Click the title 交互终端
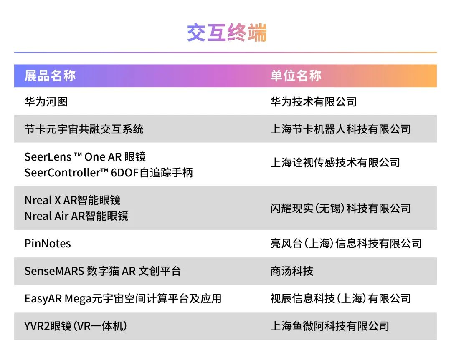[x=227, y=33]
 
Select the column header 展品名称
[x=50, y=76]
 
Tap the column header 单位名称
[x=296, y=76]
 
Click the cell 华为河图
[x=46, y=102]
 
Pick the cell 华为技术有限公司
[x=314, y=102]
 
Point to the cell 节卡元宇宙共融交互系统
[x=84, y=129]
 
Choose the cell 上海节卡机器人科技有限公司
[x=341, y=129]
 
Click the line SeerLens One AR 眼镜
[x=85, y=157]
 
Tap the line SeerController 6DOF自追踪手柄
[x=109, y=173]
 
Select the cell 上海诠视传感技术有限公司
[x=335, y=163]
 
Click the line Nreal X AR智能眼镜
[x=73, y=200]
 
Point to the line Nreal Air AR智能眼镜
[x=76, y=216]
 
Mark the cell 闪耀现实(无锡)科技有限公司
[x=341, y=209]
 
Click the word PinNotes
[x=48, y=244]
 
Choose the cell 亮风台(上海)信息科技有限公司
[x=346, y=244]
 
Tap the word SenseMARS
[x=54, y=271]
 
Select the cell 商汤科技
[x=292, y=271]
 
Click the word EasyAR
[x=43, y=299]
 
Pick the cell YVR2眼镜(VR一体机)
[x=76, y=326]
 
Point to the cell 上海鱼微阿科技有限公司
[x=330, y=326]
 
